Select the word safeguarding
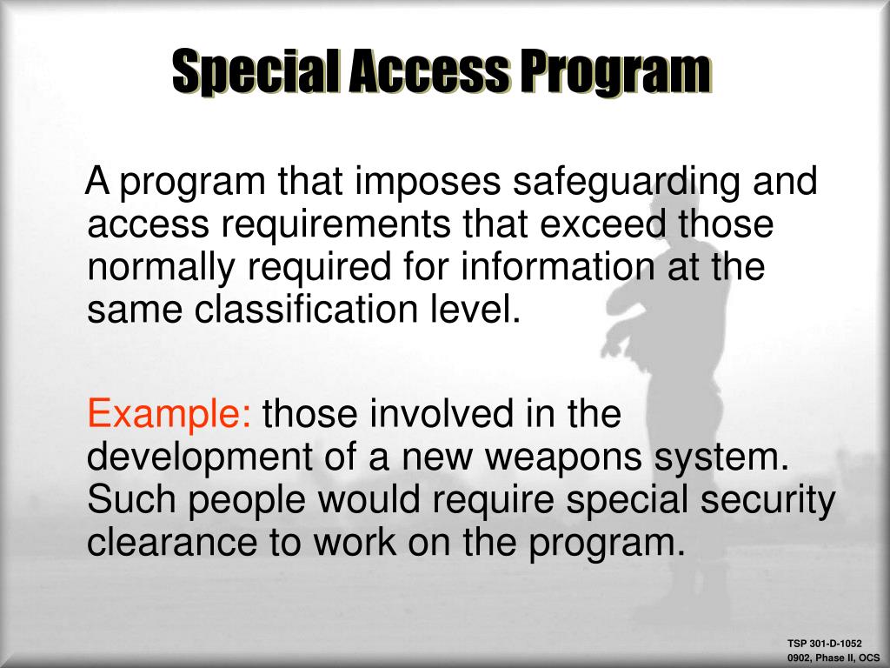pyautogui.click(x=624, y=184)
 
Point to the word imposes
pyautogui.click(x=416, y=184)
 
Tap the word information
pyautogui.click(x=555, y=266)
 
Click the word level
pyautogui.click(x=487, y=309)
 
